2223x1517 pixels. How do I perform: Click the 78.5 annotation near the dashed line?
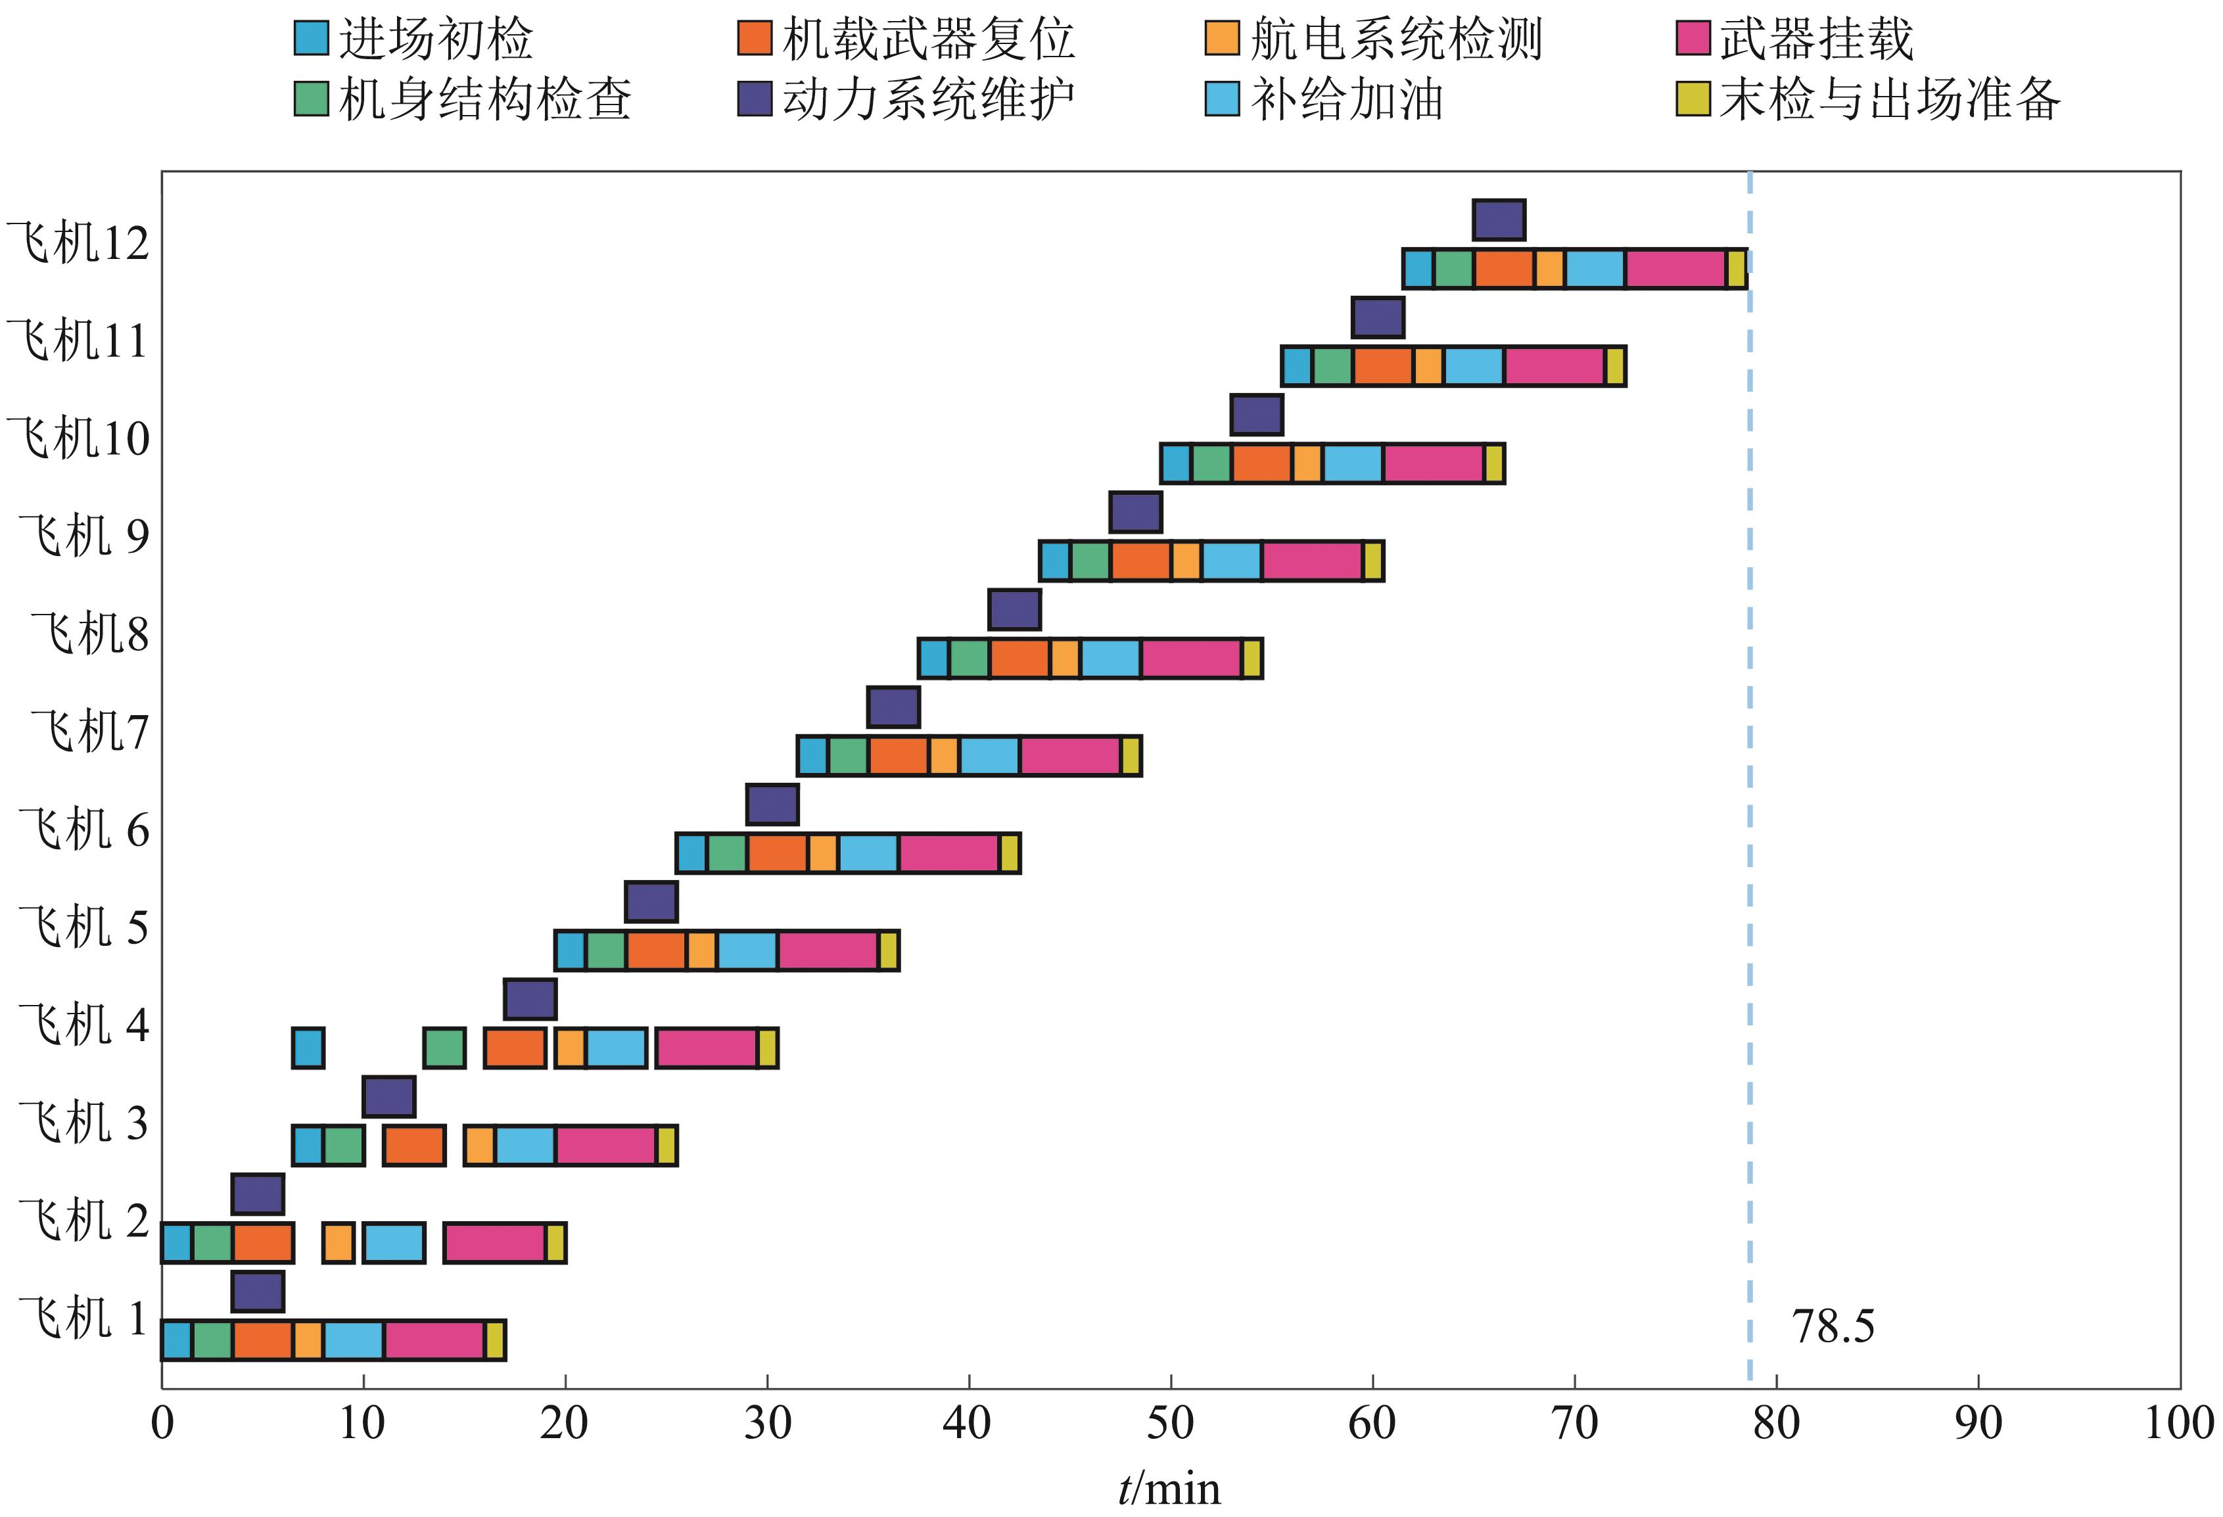pyautogui.click(x=1833, y=1326)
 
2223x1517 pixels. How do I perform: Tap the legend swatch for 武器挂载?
pyautogui.click(x=1693, y=38)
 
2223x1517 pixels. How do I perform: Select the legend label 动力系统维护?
pyautogui.click(x=929, y=99)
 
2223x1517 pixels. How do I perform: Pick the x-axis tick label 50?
pyautogui.click(x=1170, y=1423)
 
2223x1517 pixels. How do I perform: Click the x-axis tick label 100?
pyautogui.click(x=2178, y=1423)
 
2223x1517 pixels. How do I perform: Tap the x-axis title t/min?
pyautogui.click(x=1169, y=1489)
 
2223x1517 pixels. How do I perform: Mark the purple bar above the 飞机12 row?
pyautogui.click(x=1499, y=221)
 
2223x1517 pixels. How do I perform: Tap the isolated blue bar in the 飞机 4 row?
pyautogui.click(x=308, y=1048)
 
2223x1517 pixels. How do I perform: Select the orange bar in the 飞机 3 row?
pyautogui.click(x=414, y=1146)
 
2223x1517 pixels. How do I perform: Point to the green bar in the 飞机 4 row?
pyautogui.click(x=445, y=1048)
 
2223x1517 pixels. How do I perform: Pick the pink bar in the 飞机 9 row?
pyautogui.click(x=1313, y=561)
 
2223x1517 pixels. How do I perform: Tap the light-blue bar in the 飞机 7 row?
pyautogui.click(x=989, y=757)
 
